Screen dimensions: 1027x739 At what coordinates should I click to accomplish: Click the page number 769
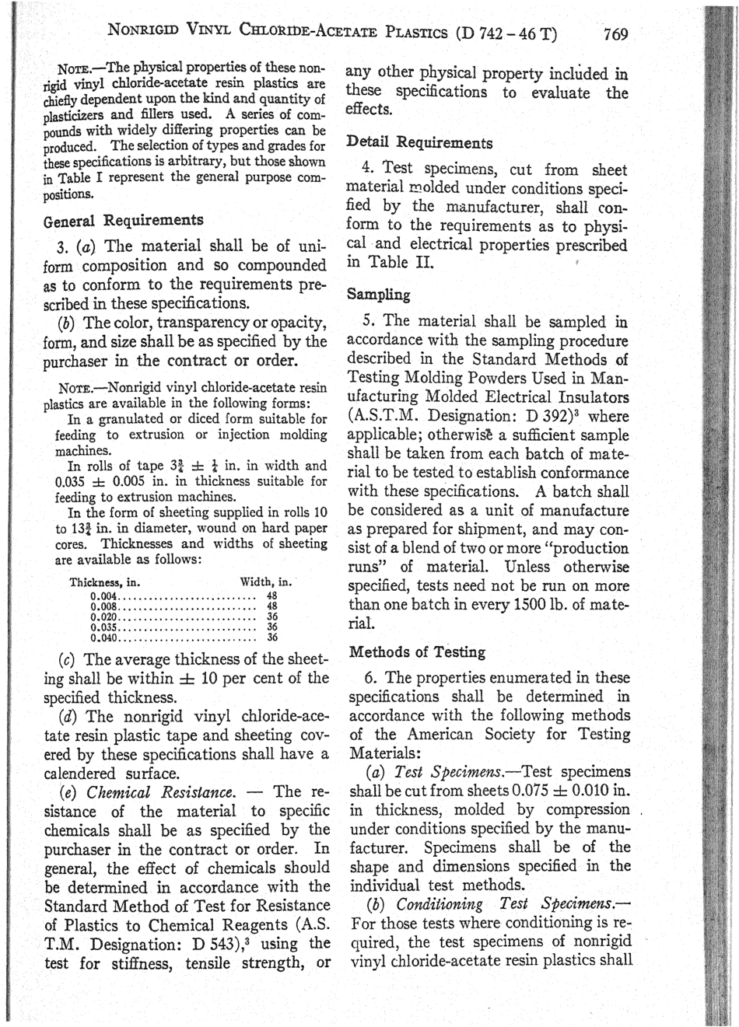(x=615, y=35)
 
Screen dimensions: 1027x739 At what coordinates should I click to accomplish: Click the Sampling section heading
(x=378, y=295)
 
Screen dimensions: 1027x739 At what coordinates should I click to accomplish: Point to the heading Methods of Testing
(x=418, y=651)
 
